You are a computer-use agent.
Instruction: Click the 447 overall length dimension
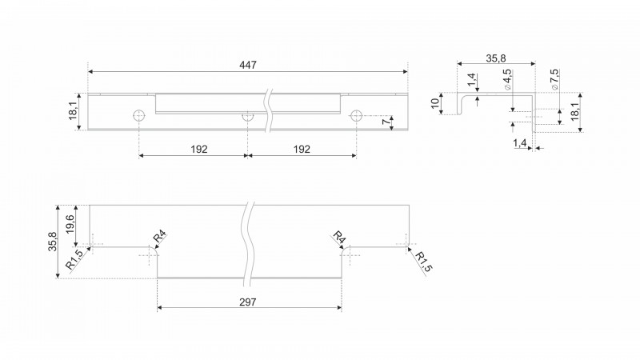pos(248,65)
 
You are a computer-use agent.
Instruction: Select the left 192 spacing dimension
pos(199,150)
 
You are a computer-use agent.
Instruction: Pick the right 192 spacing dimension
pos(302,150)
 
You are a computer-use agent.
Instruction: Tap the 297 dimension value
pos(248,302)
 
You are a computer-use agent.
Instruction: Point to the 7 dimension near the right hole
pos(385,122)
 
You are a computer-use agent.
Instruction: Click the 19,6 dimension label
pos(70,224)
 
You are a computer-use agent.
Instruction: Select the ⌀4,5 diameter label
pos(507,79)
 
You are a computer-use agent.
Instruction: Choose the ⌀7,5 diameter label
pos(554,79)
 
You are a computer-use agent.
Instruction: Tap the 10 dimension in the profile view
pos(435,104)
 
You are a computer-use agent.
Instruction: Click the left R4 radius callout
pos(159,237)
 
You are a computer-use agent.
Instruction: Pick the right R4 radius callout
pos(338,237)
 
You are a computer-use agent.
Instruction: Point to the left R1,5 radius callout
pos(74,259)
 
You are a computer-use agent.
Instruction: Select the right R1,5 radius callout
pos(423,262)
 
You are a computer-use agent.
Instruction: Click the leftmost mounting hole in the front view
pos(139,116)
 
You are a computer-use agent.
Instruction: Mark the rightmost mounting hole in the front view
pos(356,116)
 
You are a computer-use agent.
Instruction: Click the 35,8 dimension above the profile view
pos(496,58)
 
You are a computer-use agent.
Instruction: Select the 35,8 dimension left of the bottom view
pos(53,242)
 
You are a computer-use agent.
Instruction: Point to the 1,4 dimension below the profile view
pos(520,143)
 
